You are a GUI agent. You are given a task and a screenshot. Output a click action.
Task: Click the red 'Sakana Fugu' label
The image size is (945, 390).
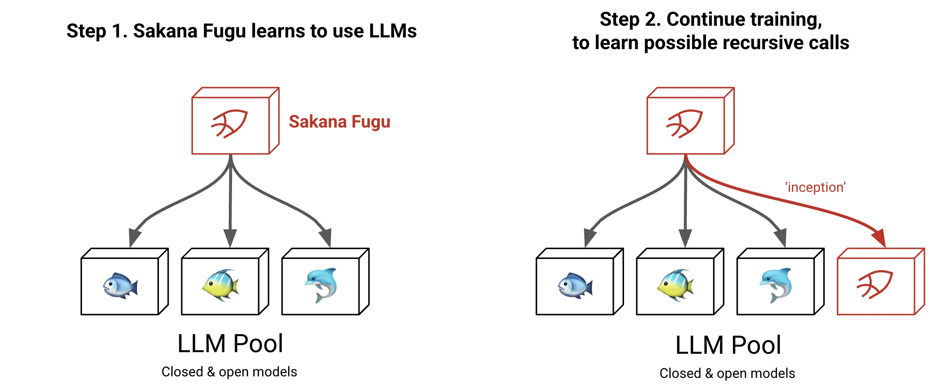[339, 122]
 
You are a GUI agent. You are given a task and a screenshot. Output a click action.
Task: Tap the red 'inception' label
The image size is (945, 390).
[815, 188]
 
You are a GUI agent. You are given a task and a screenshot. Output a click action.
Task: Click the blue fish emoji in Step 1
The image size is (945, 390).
[120, 285]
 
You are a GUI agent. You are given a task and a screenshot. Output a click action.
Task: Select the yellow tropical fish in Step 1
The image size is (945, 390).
[221, 285]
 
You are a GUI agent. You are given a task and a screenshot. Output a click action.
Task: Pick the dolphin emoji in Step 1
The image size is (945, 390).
[321, 285]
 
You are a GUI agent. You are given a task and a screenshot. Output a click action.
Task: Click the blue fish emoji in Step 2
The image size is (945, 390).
[575, 285]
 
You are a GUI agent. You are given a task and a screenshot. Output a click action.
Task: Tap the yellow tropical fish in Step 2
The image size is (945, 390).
[676, 285]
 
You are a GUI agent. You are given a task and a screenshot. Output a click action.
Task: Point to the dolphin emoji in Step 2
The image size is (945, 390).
[776, 285]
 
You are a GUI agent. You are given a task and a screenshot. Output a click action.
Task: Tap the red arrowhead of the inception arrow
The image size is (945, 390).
[879, 238]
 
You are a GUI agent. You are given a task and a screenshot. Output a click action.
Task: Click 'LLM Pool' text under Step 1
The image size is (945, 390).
[230, 344]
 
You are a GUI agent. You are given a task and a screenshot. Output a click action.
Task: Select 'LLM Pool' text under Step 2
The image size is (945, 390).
[728, 345]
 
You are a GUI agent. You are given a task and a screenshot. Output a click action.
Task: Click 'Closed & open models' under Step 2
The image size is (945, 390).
[727, 373]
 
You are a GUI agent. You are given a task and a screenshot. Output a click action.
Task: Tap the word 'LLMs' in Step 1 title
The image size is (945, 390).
[392, 31]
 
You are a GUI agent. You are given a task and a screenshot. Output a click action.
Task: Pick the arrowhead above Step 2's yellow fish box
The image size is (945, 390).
[685, 237]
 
